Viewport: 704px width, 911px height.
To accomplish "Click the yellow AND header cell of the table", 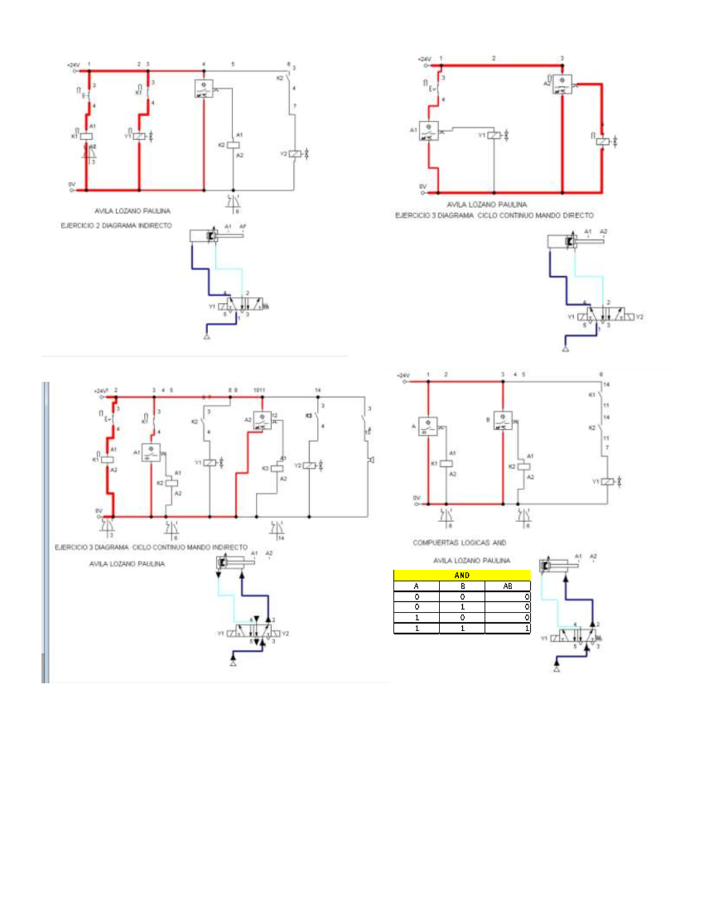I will point(462,575).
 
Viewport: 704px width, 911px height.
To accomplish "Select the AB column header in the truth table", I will point(507,586).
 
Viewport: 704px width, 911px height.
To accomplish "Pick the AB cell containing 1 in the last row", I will point(508,628).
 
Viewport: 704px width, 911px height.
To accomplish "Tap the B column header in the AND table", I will point(462,586).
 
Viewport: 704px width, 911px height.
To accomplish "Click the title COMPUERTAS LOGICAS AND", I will point(459,543).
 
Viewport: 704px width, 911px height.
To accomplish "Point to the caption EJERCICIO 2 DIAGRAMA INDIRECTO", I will point(116,225).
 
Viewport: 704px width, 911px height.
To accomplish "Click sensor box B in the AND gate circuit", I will point(503,421).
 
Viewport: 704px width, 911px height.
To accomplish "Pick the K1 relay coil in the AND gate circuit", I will point(446,463).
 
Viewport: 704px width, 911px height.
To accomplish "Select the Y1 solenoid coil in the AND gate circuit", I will point(607,482).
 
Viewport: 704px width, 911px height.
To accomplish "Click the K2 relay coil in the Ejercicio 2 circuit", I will point(233,144).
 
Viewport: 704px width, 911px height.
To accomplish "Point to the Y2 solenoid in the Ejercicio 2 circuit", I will point(294,154).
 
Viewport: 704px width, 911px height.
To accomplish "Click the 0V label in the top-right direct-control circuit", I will point(423,186).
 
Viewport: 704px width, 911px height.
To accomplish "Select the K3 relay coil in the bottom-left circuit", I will point(277,468).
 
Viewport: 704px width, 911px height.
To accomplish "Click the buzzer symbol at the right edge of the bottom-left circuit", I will point(371,460).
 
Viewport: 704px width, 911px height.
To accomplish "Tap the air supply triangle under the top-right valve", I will point(566,349).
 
